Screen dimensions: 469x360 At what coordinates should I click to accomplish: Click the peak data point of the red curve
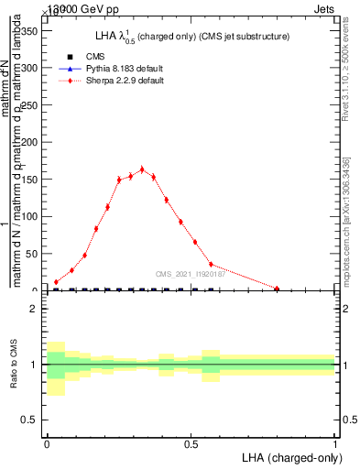(142, 169)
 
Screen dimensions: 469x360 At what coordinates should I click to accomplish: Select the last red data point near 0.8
(277, 289)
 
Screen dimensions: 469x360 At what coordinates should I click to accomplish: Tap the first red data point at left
(56, 282)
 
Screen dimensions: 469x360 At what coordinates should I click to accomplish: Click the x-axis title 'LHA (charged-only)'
(289, 456)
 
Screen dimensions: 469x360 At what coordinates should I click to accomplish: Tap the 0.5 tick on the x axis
(191, 441)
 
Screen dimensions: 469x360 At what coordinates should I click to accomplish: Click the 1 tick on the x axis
(335, 441)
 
